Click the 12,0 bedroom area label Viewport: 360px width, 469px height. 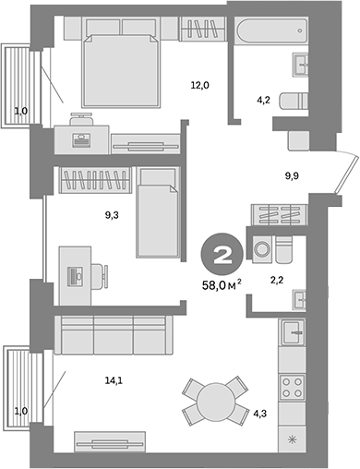click(x=199, y=85)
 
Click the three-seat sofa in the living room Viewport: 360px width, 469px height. click(x=113, y=333)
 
